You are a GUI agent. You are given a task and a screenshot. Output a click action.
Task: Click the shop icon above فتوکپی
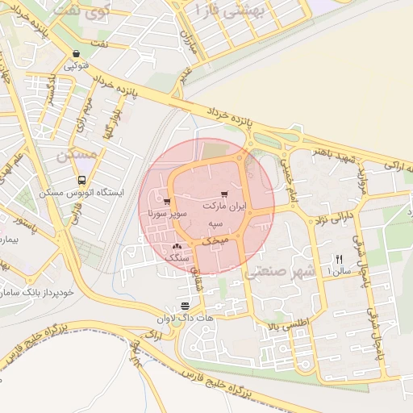point(76,54)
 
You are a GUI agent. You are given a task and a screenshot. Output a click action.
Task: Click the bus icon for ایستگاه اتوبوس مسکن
point(81,181)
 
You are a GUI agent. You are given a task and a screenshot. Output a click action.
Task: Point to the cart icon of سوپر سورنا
point(167,202)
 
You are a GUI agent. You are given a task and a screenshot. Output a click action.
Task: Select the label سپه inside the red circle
point(215,223)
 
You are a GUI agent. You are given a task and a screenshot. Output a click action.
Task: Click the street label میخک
point(215,240)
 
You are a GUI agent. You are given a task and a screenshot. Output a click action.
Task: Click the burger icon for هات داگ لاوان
point(186,305)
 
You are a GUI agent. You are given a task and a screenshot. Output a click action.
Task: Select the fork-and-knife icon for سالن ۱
point(338,259)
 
